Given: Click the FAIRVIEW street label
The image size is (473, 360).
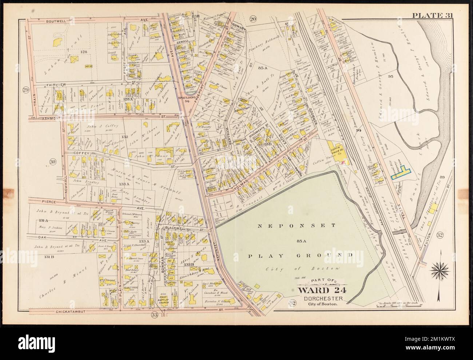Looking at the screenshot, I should click(x=54, y=84).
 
